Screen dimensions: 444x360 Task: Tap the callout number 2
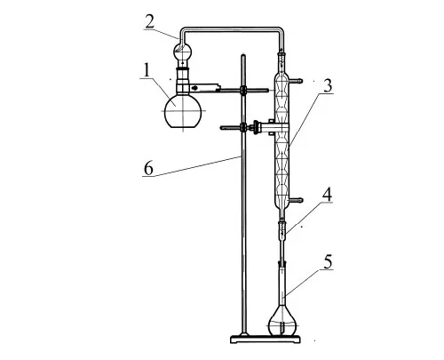(x=150, y=21)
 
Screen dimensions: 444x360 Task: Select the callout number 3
(x=327, y=85)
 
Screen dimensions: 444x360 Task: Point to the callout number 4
(x=327, y=195)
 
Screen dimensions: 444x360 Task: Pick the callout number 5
(x=328, y=261)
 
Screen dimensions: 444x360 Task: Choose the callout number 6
(x=148, y=168)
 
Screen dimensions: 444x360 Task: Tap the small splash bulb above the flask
(x=182, y=52)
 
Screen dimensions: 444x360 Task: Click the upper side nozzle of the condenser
(x=296, y=80)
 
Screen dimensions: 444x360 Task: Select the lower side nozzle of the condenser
(x=296, y=200)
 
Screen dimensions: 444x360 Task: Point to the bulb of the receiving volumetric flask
(x=282, y=324)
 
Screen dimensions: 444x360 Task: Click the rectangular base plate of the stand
(x=266, y=339)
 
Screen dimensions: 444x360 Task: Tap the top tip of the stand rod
(x=243, y=54)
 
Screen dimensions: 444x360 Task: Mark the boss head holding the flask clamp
(x=243, y=90)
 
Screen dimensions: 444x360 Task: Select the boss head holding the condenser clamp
(x=243, y=127)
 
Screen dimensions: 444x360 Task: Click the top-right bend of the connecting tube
(x=281, y=30)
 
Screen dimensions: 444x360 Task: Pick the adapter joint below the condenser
(x=282, y=228)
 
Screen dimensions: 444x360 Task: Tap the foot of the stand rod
(x=244, y=334)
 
